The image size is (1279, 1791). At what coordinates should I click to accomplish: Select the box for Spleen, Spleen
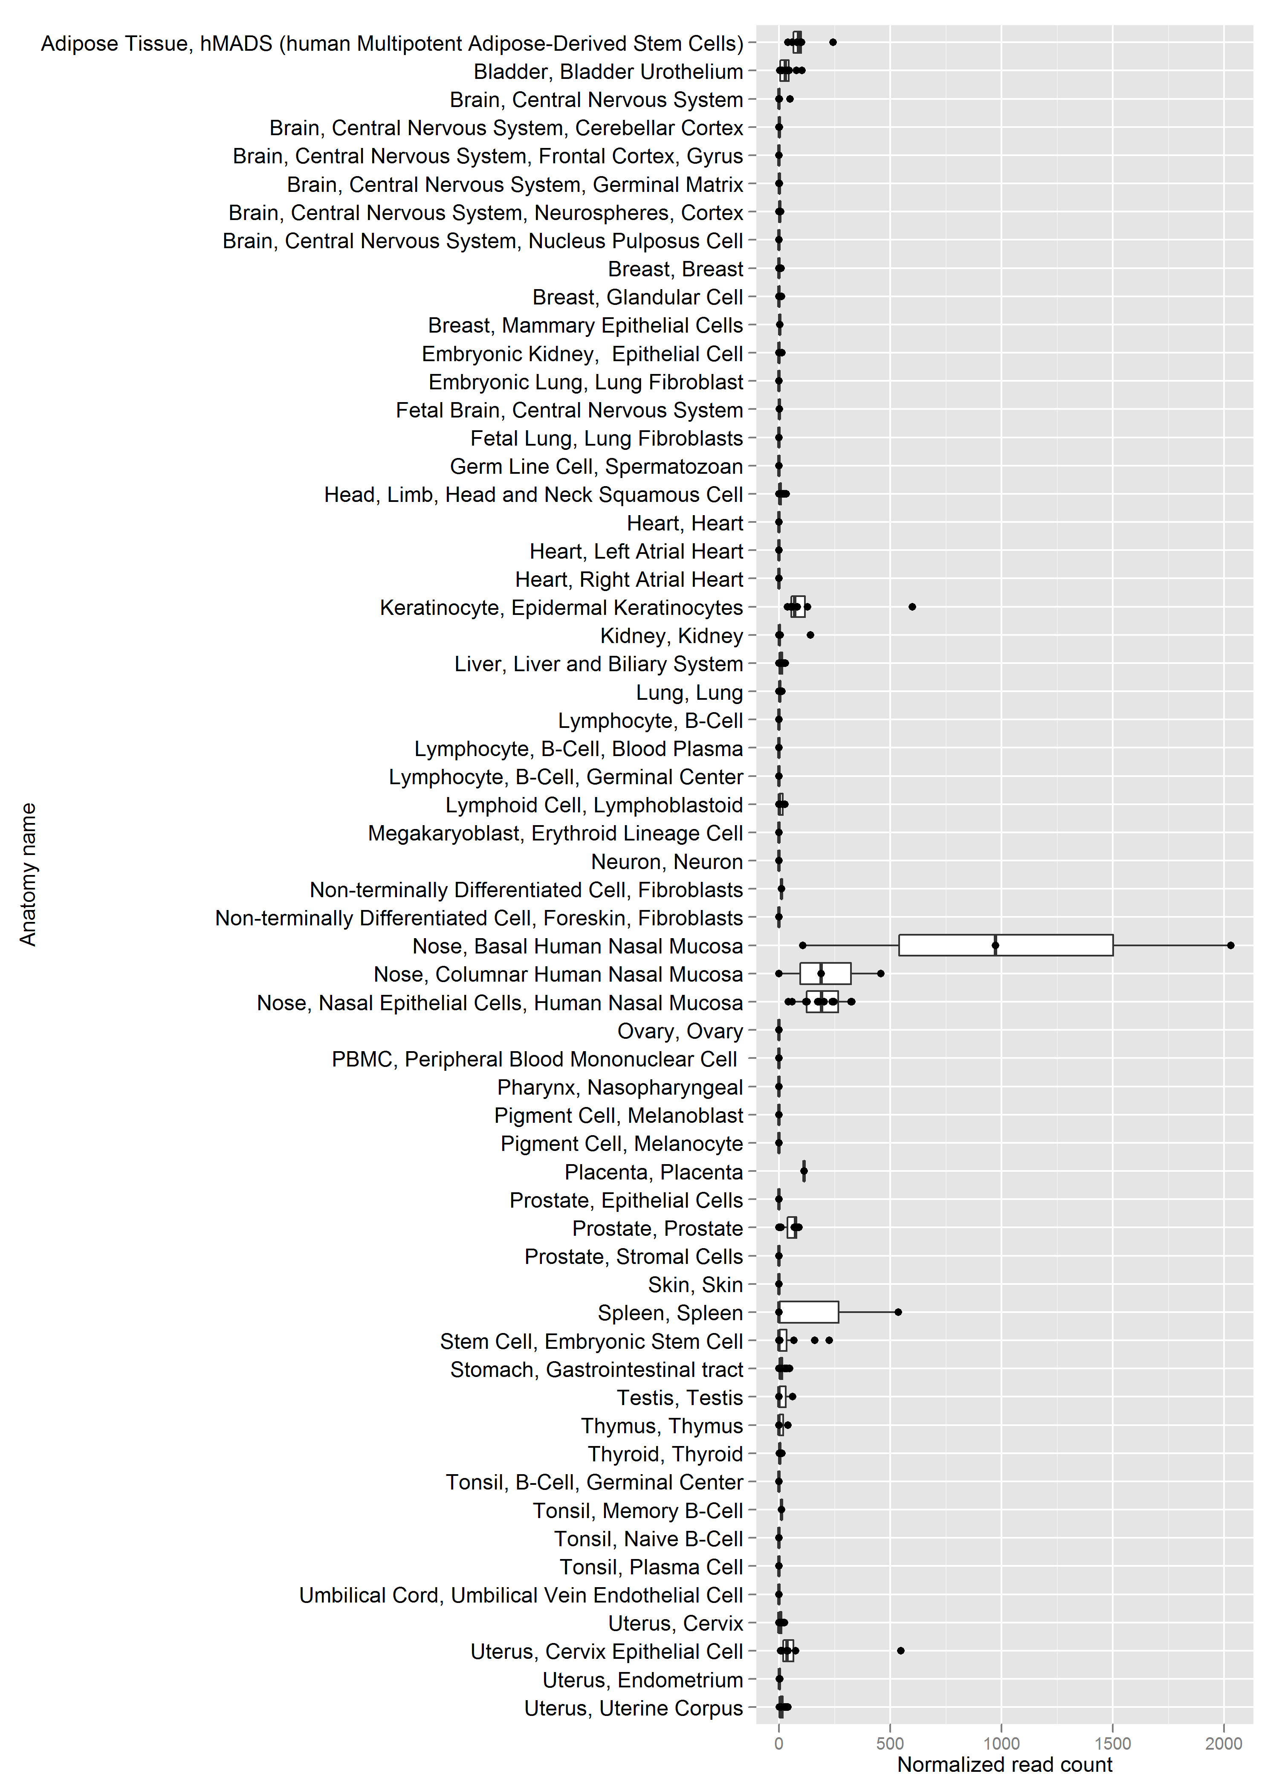coord(809,1312)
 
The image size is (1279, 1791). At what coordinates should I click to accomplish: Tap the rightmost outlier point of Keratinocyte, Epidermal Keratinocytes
coord(912,606)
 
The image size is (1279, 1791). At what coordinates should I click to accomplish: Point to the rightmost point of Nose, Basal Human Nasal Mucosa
coord(1231,945)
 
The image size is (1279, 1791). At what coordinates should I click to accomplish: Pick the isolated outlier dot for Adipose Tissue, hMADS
coord(833,43)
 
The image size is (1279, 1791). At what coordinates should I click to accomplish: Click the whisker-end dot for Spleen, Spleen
coord(898,1312)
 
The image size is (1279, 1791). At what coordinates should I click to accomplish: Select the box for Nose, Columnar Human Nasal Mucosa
coord(825,974)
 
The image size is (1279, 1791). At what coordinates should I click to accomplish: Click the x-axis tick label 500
coord(890,1744)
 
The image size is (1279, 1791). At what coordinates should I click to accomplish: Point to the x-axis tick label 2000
coord(1224,1744)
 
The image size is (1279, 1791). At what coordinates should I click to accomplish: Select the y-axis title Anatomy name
coord(29,874)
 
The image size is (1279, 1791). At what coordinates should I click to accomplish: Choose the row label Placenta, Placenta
coord(654,1172)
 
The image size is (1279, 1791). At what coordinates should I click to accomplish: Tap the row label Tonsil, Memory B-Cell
coord(638,1510)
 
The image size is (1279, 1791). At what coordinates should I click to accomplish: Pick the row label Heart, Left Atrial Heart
coord(637,551)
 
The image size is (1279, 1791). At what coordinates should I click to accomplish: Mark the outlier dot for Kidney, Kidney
coord(810,635)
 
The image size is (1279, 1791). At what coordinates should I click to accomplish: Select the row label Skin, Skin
coord(695,1284)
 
